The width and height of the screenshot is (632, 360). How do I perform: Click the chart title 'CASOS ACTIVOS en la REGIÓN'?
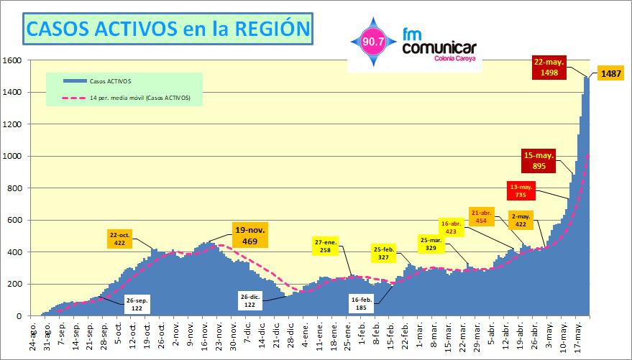[168, 28]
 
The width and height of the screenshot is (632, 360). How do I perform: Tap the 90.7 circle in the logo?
[373, 42]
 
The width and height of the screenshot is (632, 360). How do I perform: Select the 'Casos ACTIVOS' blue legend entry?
[101, 80]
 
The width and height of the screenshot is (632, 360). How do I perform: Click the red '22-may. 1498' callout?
[549, 66]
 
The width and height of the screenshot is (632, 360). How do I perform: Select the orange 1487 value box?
[611, 73]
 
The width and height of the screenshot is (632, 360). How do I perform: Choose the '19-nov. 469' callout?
[250, 236]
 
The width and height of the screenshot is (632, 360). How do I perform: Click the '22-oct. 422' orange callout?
[119, 239]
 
